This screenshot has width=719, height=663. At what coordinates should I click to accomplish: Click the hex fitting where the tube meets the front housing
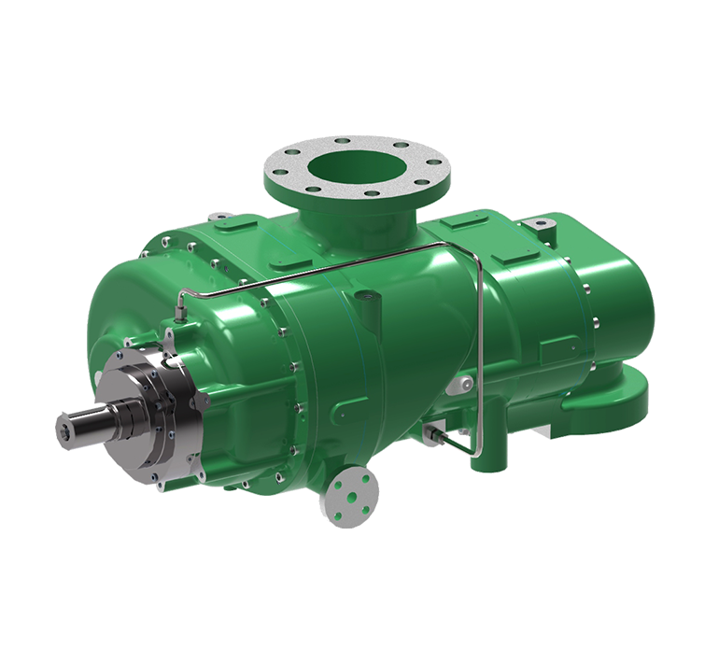(177, 304)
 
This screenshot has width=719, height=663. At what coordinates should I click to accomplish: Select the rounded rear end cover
(616, 299)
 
